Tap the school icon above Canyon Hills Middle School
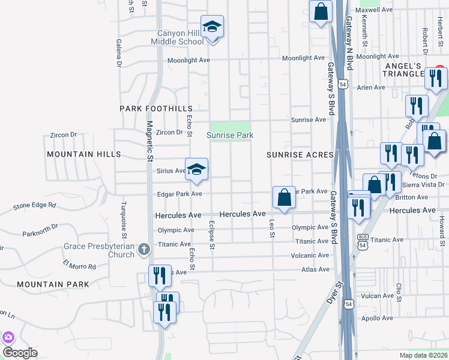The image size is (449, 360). pyautogui.click(x=212, y=26)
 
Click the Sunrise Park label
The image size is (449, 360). pyautogui.click(x=230, y=136)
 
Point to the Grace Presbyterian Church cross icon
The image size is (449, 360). pyautogui.click(x=143, y=249)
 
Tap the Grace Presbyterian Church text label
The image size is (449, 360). pyautogui.click(x=100, y=250)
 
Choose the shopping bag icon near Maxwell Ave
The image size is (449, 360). pyautogui.click(x=322, y=11)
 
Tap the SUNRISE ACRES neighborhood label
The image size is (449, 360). pyautogui.click(x=300, y=155)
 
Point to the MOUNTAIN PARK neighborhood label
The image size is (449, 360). pyautogui.click(x=53, y=284)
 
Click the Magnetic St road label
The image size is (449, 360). pyautogui.click(x=148, y=142)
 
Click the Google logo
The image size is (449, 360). pyautogui.click(x=20, y=353)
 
